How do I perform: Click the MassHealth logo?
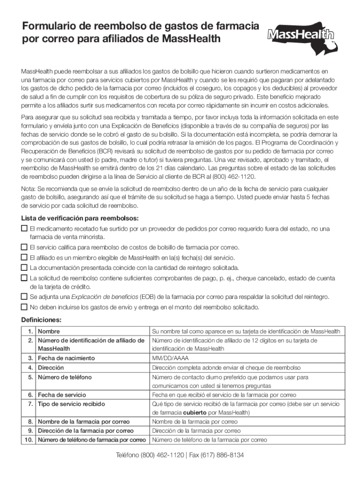[x=302, y=35]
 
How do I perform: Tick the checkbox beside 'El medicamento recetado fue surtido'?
[x=24, y=228]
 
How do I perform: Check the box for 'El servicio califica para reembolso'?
[x=24, y=247]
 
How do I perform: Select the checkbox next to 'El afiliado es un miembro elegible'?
[x=24, y=257]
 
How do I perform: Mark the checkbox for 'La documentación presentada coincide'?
[x=24, y=268]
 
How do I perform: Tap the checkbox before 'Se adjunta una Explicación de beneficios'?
[x=24, y=297]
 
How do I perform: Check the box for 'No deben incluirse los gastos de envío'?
[x=24, y=307]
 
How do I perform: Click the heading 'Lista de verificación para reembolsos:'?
[x=80, y=218]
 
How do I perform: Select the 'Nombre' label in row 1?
[x=49, y=331]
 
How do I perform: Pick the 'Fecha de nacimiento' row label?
[x=66, y=358]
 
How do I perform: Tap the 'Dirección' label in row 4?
[x=51, y=368]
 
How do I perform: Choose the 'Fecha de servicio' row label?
[x=62, y=395]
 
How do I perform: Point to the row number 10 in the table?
[x=28, y=440]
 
